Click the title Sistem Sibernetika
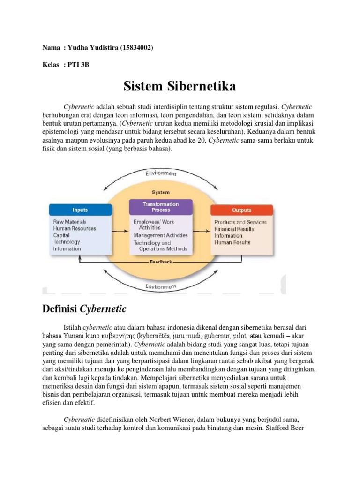[x=180, y=86]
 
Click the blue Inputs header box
[x=80, y=210]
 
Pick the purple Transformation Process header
[x=160, y=207]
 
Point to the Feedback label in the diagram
[x=161, y=262]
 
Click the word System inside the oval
[x=161, y=192]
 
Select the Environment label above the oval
[x=160, y=174]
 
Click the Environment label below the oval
[x=161, y=286]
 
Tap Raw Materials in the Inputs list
[x=70, y=221]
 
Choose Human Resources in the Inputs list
[x=75, y=228]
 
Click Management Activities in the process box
[x=161, y=235]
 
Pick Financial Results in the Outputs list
[x=234, y=229]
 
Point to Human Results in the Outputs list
[x=232, y=242]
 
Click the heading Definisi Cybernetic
[x=84, y=308]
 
